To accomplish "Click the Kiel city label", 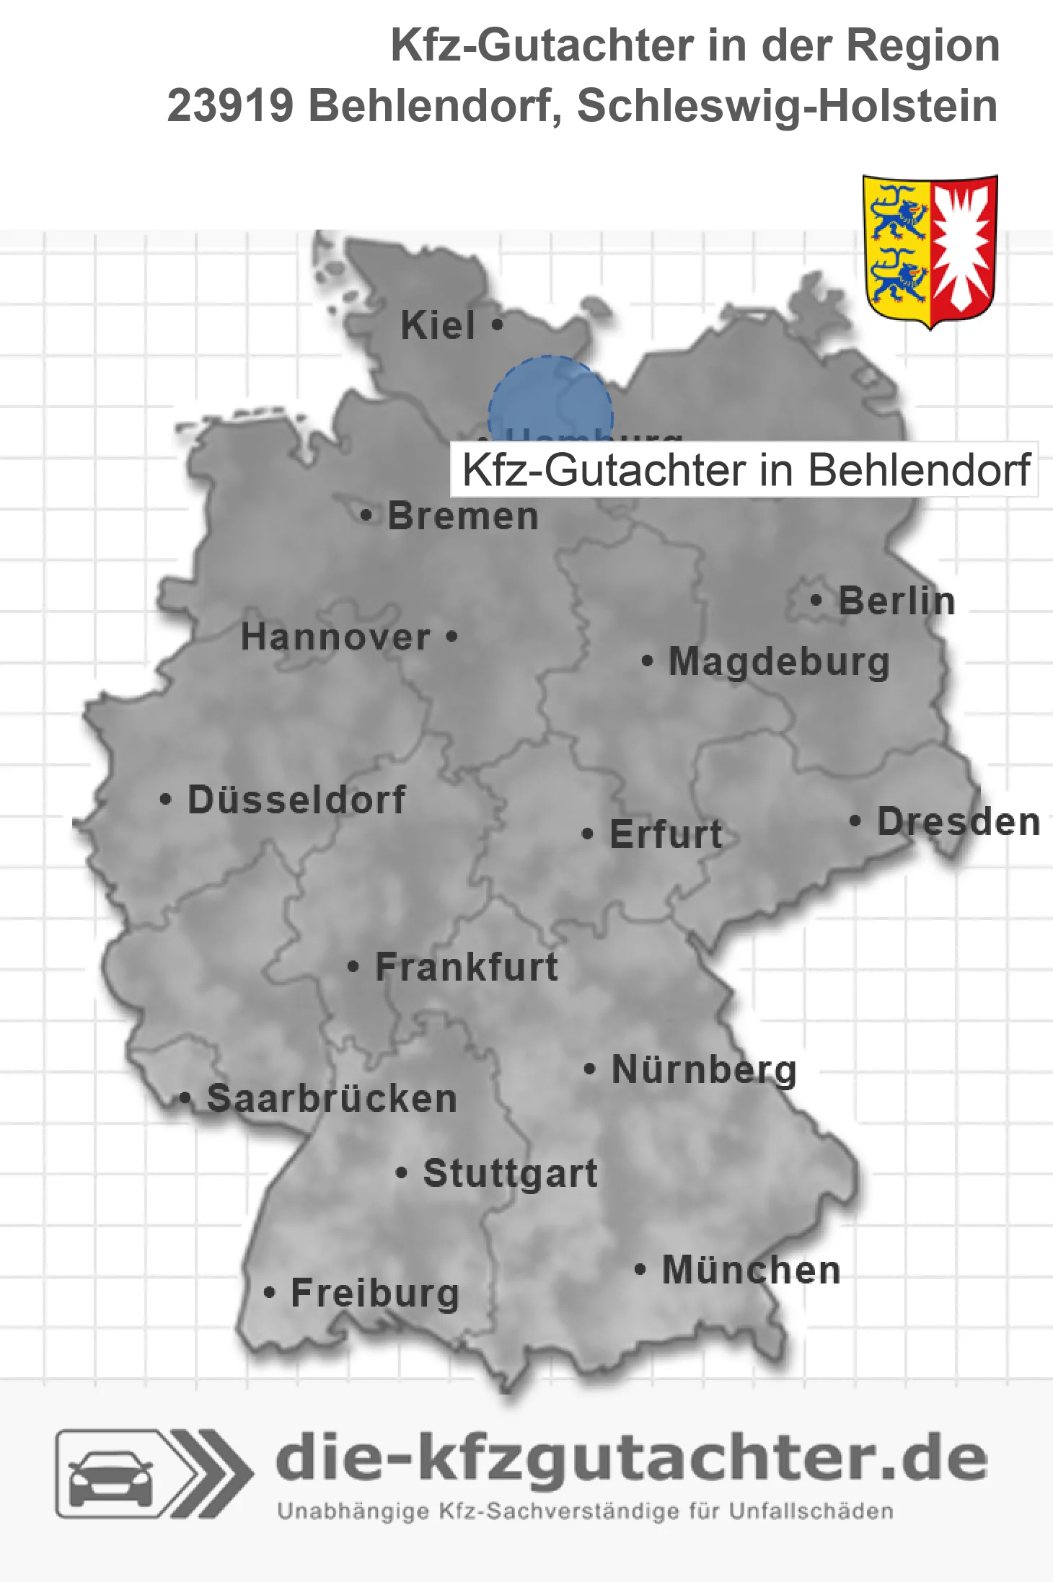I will point(438,325).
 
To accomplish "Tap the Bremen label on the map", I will point(462,516).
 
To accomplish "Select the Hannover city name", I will point(335,637).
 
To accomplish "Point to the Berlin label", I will point(896,601).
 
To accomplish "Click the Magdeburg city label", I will point(779,662).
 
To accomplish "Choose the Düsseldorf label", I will point(296,800).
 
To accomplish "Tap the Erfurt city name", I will point(666,834).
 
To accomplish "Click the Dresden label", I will point(959,822).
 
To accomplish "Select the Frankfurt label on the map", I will point(467,967).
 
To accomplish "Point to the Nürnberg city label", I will point(704,1070).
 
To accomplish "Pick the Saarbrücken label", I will point(332,1099).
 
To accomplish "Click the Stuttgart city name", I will point(511,1173).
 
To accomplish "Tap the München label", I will point(752,1270).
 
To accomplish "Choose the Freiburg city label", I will point(375,1294).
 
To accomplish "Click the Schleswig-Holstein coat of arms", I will point(930,250).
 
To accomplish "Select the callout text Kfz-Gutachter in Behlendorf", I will point(745,470).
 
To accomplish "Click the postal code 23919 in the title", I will point(230,106).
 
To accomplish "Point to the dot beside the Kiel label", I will point(497,324).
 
